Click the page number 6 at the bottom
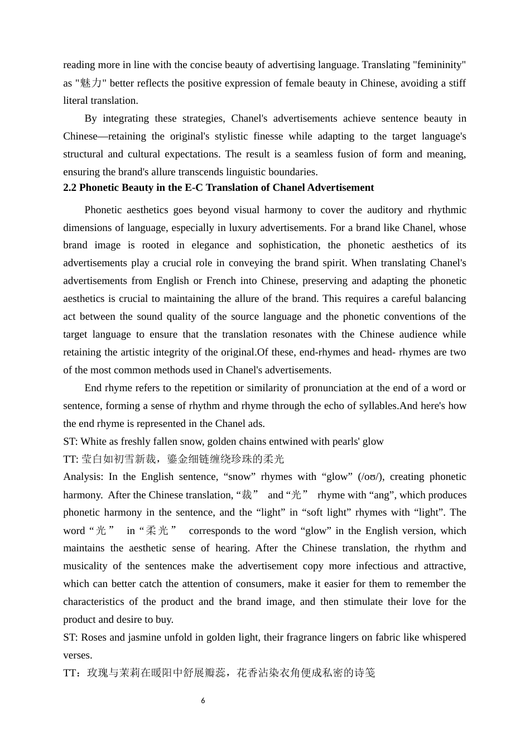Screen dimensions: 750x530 pos(203,700)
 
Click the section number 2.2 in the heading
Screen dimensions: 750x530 pos(70,187)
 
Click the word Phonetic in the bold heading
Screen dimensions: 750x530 pos(98,187)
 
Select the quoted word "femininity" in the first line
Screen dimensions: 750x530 pos(439,65)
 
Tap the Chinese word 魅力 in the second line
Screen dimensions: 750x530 pos(90,83)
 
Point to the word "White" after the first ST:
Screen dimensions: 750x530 pos(94,441)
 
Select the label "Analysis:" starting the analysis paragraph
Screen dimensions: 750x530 pos(83,477)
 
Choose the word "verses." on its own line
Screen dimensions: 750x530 pos(78,655)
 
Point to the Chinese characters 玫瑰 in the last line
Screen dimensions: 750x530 pos(98,673)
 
